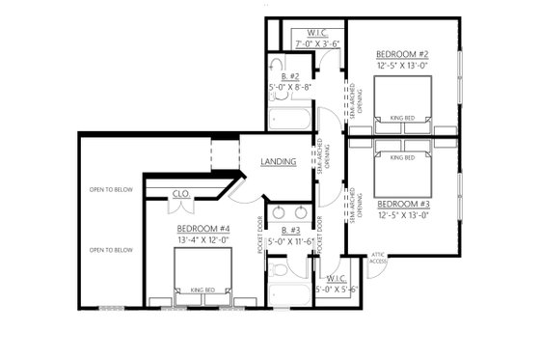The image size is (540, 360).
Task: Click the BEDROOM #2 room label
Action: pyautogui.click(x=402, y=54)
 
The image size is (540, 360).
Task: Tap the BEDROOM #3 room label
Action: pyautogui.click(x=402, y=205)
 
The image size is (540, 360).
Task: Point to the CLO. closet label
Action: pyautogui.click(x=180, y=193)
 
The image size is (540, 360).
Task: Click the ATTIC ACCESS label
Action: pyautogui.click(x=379, y=258)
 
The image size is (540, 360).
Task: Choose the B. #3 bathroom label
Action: pyautogui.click(x=289, y=230)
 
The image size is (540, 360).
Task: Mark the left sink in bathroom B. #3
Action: pyautogui.click(x=279, y=211)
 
